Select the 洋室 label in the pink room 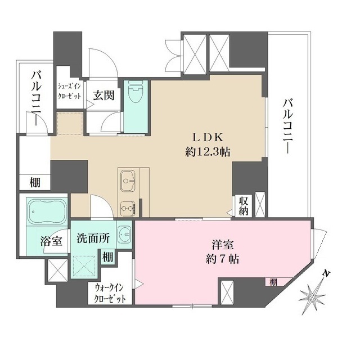223,245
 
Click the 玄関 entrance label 105,94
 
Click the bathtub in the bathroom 44,213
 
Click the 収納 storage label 243,206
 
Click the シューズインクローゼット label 70,92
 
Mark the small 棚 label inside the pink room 272,281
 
